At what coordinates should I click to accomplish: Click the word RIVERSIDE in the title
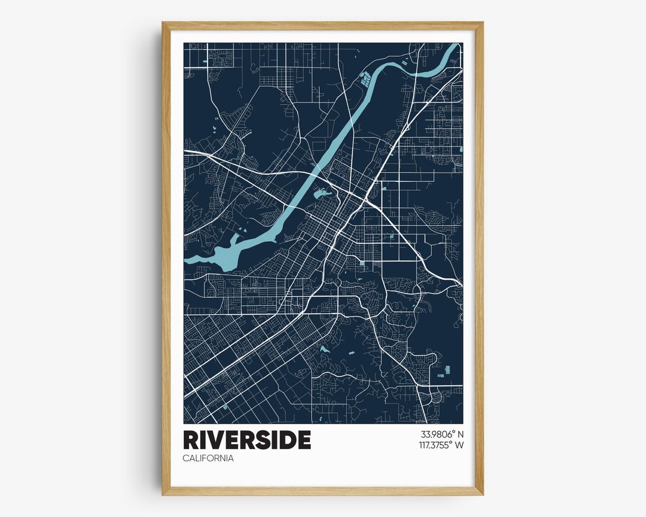coord(247,440)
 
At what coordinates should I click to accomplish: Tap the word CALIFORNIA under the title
coord(208,458)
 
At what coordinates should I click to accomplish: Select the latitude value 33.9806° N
coord(442,434)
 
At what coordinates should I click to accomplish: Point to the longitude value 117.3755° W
coord(442,445)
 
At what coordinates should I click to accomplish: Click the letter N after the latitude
coord(461,434)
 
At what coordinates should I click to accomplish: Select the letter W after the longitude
coord(459,445)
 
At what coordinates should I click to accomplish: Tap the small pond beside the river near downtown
coord(322,193)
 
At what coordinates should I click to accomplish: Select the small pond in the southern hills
coord(324,349)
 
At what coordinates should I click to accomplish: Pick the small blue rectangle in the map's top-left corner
coord(206,62)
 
